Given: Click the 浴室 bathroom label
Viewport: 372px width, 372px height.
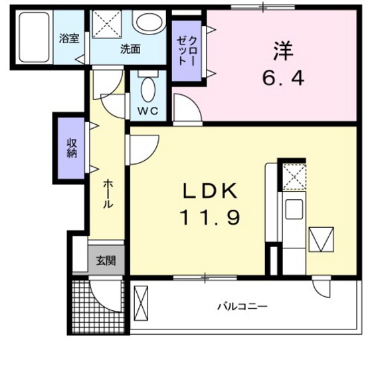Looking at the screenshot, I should (70, 38).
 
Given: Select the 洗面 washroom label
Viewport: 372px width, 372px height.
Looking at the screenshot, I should (130, 48).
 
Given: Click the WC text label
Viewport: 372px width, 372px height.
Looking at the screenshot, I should (147, 111).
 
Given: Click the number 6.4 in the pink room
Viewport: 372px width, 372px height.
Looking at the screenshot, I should (282, 78).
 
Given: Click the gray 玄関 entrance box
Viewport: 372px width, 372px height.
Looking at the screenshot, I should (105, 260).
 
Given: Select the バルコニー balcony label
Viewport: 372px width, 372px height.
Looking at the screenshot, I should (243, 307).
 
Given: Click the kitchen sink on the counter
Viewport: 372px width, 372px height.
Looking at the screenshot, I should (292, 211).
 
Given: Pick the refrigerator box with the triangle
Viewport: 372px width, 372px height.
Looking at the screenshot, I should (320, 239).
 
